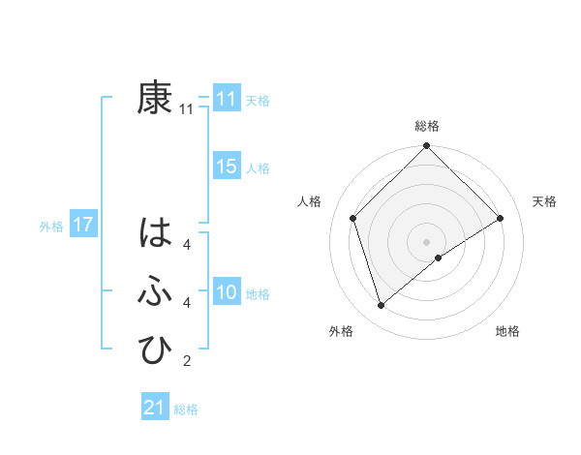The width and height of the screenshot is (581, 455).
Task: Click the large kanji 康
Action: tap(155, 99)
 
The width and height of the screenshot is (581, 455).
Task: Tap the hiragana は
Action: tap(155, 234)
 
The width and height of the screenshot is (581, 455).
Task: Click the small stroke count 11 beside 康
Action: tap(187, 110)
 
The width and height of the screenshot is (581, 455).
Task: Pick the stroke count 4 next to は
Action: tap(187, 245)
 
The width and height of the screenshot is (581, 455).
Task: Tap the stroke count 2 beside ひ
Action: tap(187, 362)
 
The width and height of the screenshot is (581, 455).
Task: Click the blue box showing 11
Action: tap(227, 99)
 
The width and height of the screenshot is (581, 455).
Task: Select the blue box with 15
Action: tap(227, 167)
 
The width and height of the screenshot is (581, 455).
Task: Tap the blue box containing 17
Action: tap(82, 226)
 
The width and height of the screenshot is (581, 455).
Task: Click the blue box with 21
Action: tap(155, 408)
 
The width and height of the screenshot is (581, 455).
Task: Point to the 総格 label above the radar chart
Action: tap(426, 126)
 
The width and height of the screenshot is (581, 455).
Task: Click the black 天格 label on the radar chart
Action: tap(545, 201)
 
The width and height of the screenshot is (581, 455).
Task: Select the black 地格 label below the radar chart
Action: tap(507, 331)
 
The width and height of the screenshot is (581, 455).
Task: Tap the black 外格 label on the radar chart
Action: tap(341, 331)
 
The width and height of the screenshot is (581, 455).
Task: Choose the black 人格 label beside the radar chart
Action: tap(309, 201)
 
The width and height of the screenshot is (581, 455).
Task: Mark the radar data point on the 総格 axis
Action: tap(426, 146)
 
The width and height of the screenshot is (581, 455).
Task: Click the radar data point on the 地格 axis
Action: tap(440, 258)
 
